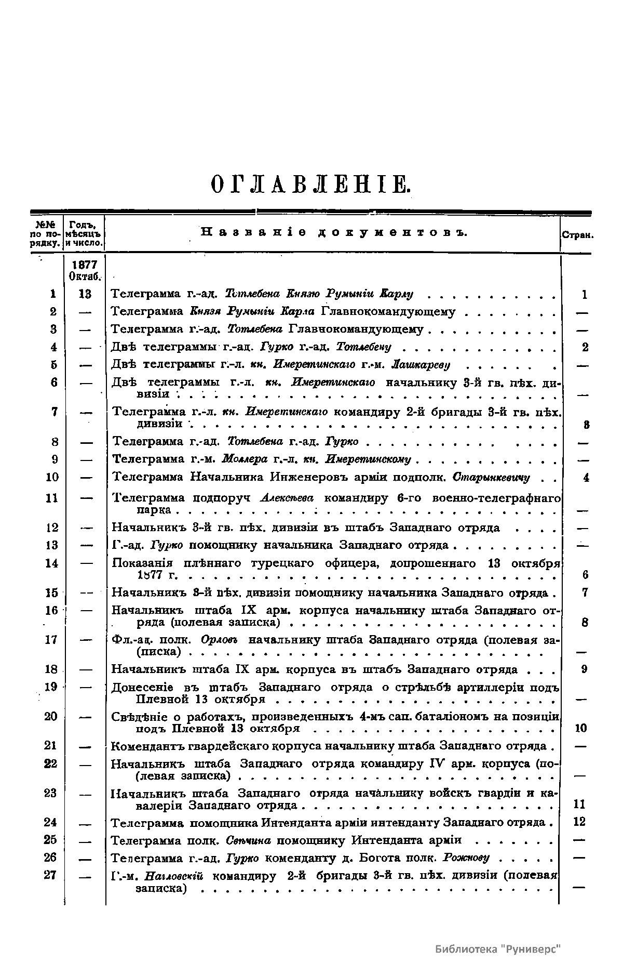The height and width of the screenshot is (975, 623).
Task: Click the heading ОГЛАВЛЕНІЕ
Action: [311, 185]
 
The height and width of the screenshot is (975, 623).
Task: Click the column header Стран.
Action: [577, 235]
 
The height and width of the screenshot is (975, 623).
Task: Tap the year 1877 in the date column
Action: [85, 265]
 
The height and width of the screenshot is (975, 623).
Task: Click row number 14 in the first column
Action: [52, 563]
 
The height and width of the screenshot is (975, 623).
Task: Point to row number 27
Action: [50, 875]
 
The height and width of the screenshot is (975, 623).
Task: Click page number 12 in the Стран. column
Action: [580, 822]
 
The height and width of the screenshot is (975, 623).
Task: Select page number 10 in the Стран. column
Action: [581, 728]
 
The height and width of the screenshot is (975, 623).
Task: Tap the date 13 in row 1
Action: [85, 294]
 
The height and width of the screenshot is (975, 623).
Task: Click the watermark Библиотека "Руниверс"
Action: [498, 949]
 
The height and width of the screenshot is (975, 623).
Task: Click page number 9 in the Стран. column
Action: [584, 669]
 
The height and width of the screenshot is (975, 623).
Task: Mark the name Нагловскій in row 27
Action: [174, 876]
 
